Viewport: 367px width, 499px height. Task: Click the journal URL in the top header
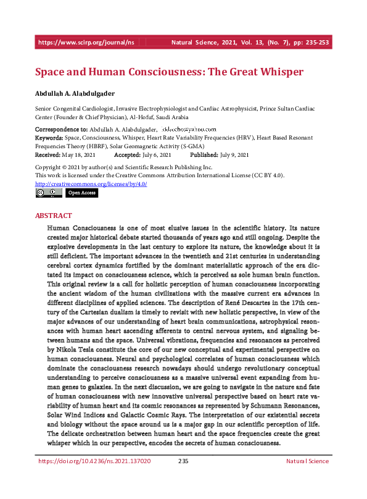pos(86,43)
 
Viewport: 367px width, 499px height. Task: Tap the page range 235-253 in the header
pos(313,43)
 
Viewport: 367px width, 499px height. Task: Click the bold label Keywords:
pos(49,138)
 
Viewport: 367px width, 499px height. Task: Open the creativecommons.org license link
pos(91,183)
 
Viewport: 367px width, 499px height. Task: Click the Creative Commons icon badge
pos(48,193)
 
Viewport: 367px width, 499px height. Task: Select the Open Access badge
pos(81,193)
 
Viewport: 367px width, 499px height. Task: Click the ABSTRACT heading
pos(53,216)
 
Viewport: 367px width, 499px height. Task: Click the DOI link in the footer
pos(94,479)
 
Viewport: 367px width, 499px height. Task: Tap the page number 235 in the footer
pos(183,479)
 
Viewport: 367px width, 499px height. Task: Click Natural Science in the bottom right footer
pos(307,479)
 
